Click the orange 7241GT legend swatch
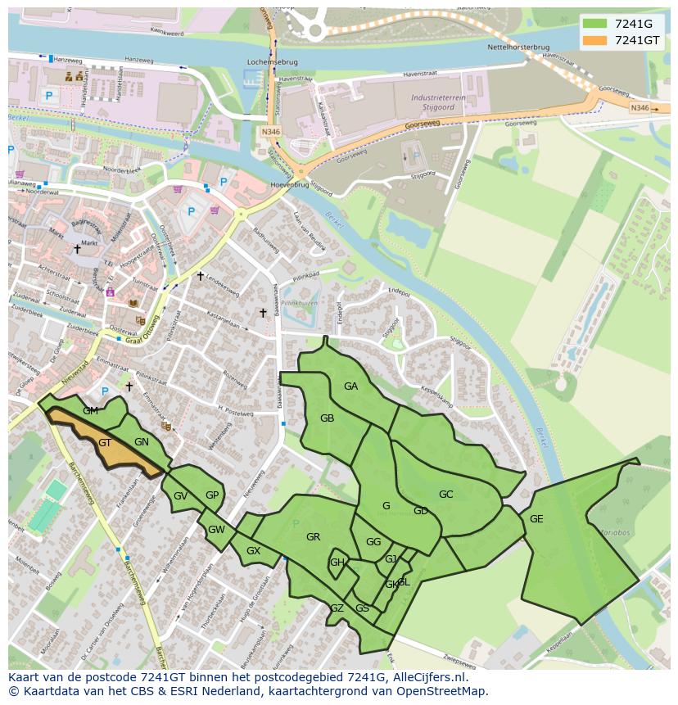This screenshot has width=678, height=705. coord(595,40)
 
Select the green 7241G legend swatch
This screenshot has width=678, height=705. coord(595,23)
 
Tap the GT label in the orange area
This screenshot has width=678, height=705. coord(105,443)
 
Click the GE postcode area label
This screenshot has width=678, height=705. coord(536,519)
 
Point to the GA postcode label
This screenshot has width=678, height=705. coord(350,386)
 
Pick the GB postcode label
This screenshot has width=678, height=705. coord(327,418)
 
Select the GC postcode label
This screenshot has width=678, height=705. coord(445,495)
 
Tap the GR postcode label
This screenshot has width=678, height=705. coord(313,537)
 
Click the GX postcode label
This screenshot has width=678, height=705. coord(253,551)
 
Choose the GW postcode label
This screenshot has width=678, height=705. coord(216,530)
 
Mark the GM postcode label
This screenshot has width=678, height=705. coord(90,411)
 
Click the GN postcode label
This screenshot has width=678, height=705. coord(142,442)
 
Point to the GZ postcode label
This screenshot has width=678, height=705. coord(337,608)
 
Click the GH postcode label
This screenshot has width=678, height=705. coord(337,563)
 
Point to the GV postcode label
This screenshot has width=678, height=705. coord(180,496)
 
